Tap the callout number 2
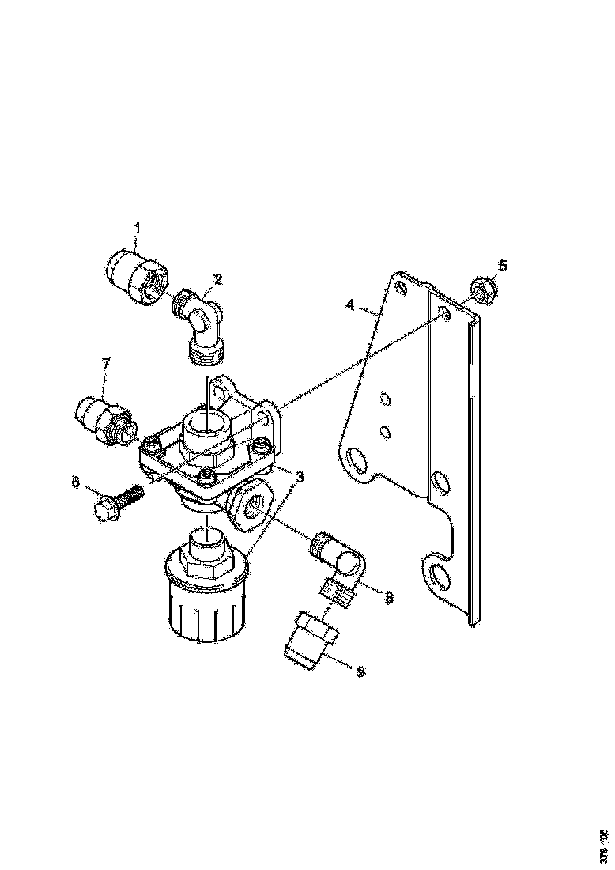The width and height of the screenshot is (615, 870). (x=217, y=278)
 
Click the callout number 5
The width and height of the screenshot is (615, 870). (x=503, y=265)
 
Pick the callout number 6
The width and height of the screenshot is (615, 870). (x=76, y=480)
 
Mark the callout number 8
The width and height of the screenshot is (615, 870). (x=388, y=598)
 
